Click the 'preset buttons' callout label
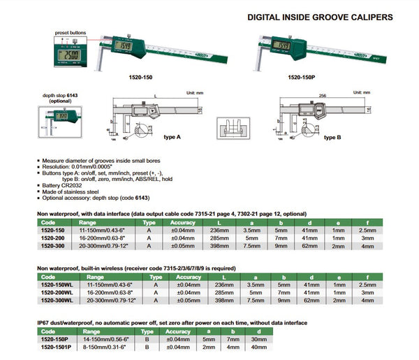71,33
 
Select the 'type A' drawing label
172,138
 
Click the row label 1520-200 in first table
54,238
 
